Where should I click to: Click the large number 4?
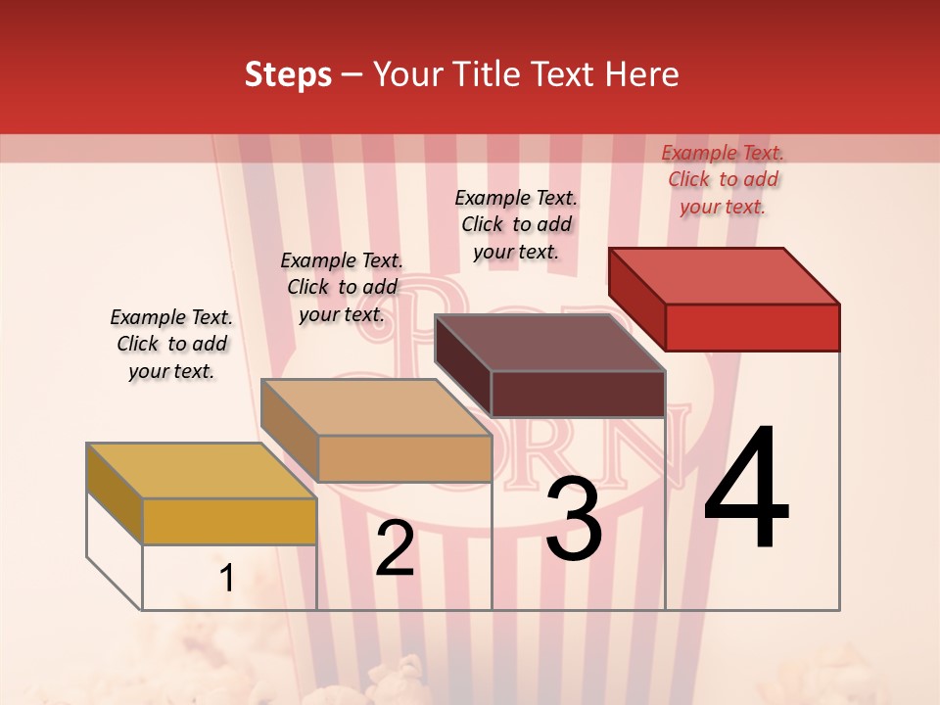point(746,490)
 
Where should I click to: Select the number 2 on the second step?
point(395,548)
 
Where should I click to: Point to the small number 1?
point(226,579)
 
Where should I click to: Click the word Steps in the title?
point(288,74)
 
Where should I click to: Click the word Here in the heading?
point(642,74)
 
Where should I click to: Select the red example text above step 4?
point(723,179)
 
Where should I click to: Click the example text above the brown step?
point(516,224)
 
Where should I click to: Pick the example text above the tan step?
point(342,287)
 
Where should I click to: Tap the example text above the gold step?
point(171,344)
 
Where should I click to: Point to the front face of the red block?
point(752,327)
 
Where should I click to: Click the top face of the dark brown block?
point(548,343)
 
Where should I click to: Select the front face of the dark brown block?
point(578,394)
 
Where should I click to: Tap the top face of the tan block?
point(375,406)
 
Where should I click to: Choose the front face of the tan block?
point(404,458)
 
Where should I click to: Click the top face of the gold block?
point(201,470)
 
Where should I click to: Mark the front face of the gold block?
point(229,521)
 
